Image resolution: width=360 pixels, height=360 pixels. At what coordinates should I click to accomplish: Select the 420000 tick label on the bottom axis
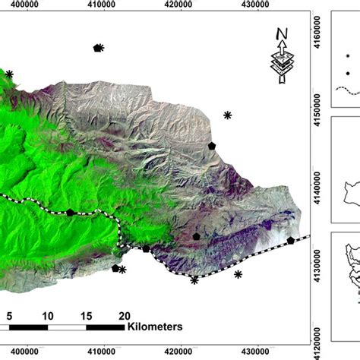click(179, 352)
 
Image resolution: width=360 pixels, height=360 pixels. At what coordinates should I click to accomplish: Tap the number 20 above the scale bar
click(124, 316)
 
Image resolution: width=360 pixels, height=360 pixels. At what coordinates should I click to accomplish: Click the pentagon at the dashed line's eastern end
click(290, 240)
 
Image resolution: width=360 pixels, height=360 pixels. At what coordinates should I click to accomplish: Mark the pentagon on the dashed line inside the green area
click(71, 213)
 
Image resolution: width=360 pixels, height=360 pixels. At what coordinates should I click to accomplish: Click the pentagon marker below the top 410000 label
click(97, 48)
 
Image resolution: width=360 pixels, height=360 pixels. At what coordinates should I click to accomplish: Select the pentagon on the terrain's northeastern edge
click(212, 145)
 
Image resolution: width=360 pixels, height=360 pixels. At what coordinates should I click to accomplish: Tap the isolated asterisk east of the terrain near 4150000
click(227, 115)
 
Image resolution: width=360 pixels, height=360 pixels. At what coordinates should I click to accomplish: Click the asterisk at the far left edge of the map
click(10, 74)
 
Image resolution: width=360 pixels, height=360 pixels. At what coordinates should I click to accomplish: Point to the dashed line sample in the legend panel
click(347, 90)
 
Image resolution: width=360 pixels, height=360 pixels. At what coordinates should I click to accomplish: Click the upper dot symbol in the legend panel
click(348, 55)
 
